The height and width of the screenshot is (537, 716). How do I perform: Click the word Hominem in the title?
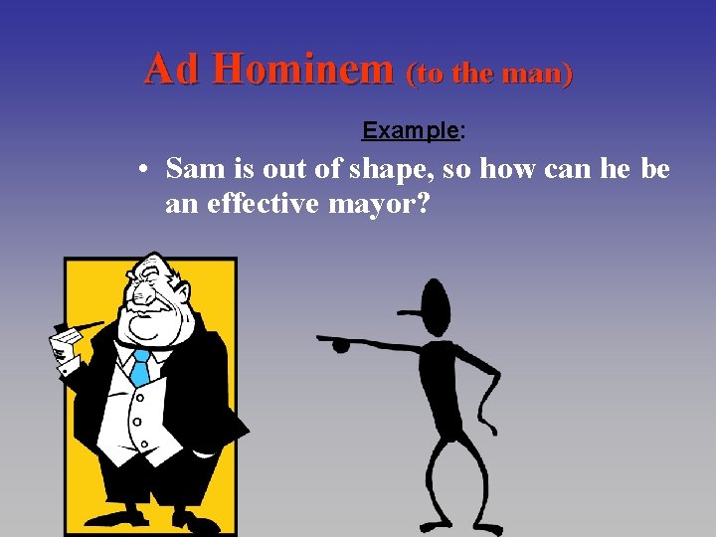[302, 69]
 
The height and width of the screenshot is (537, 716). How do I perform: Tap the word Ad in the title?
[174, 69]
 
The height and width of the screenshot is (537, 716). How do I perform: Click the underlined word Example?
[410, 130]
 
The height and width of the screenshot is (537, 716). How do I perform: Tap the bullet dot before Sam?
[145, 171]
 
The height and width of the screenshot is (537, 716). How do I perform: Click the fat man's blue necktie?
[140, 369]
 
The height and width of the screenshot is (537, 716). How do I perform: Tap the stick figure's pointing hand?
[338, 344]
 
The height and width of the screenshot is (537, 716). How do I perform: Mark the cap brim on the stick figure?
[412, 313]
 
